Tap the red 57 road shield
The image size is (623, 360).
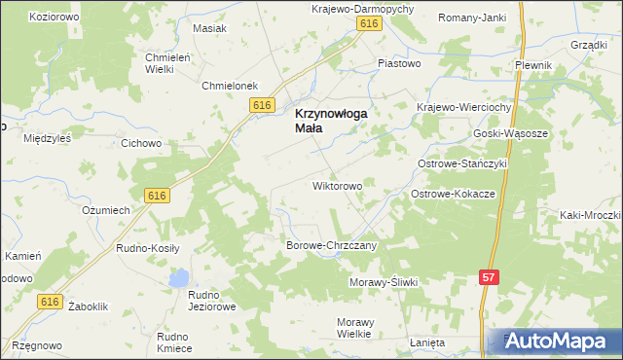pyautogui.click(x=491, y=278)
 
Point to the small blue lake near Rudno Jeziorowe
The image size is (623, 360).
pyautogui.click(x=177, y=279)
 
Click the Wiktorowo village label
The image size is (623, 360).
pyautogui.click(x=337, y=185)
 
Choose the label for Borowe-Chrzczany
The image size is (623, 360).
pyautogui.click(x=337, y=246)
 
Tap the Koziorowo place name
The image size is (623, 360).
pyautogui.click(x=54, y=18)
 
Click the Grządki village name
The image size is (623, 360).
pyautogui.click(x=590, y=45)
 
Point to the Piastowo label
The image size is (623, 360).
pyautogui.click(x=399, y=64)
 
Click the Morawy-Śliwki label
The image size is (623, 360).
pyautogui.click(x=384, y=282)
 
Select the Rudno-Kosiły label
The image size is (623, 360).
pyautogui.click(x=148, y=248)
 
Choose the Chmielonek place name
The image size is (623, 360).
pyautogui.click(x=229, y=86)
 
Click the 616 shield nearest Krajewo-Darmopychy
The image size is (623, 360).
pyautogui.click(x=367, y=23)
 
